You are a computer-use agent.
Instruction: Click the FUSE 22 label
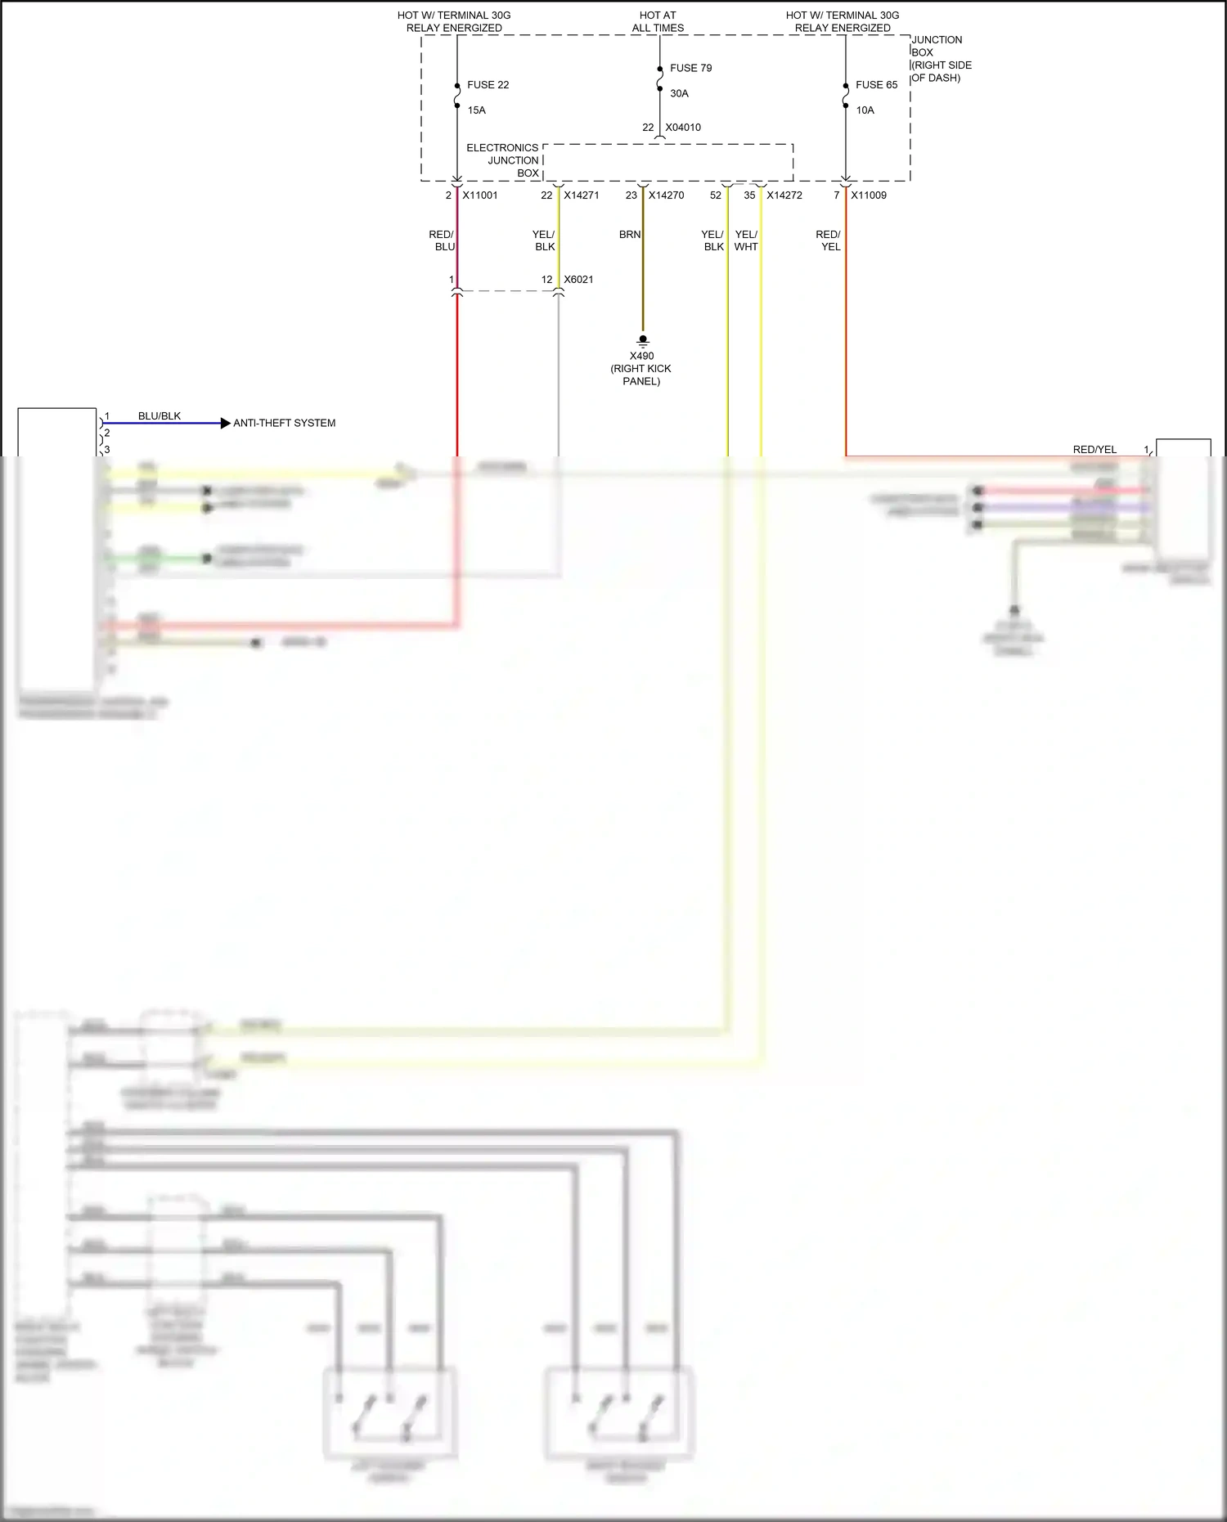pyautogui.click(x=488, y=85)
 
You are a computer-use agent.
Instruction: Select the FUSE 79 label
pyautogui.click(x=690, y=68)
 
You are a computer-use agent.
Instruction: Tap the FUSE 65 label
pyautogui.click(x=876, y=85)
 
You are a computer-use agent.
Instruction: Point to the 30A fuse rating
pyautogui.click(x=679, y=93)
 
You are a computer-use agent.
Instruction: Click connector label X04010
pyautogui.click(x=683, y=128)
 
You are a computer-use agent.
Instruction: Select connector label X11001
pyautogui.click(x=480, y=195)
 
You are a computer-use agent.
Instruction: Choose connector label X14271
pyautogui.click(x=582, y=195)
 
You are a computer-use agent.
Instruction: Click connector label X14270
pyautogui.click(x=666, y=195)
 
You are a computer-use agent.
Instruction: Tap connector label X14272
pyautogui.click(x=784, y=195)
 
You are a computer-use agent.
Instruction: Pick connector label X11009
pyautogui.click(x=869, y=195)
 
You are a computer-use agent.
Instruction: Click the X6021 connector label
pyautogui.click(x=578, y=280)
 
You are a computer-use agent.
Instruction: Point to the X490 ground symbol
pyautogui.click(x=643, y=340)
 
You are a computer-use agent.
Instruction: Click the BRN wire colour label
pyautogui.click(x=630, y=235)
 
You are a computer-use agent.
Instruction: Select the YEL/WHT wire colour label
pyautogui.click(x=746, y=240)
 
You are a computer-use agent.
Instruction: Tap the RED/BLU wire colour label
pyautogui.click(x=442, y=240)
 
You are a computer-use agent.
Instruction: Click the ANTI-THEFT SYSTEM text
pyautogui.click(x=284, y=424)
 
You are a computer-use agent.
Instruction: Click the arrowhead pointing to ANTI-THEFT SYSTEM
pyautogui.click(x=226, y=423)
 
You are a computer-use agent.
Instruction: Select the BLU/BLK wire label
pyautogui.click(x=160, y=416)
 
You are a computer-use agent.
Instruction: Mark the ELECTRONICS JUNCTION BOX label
pyautogui.click(x=503, y=160)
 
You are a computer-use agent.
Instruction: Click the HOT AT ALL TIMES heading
pyautogui.click(x=658, y=21)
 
